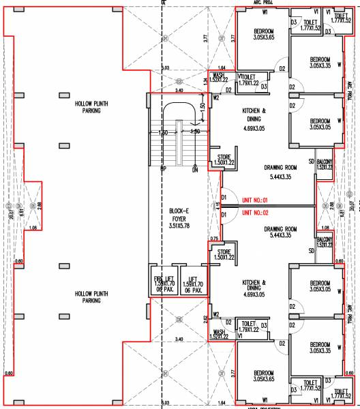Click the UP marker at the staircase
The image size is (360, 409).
point(164,168)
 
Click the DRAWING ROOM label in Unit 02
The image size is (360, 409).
point(281,230)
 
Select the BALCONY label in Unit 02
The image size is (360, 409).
point(324,239)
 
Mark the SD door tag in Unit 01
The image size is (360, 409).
point(312,162)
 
